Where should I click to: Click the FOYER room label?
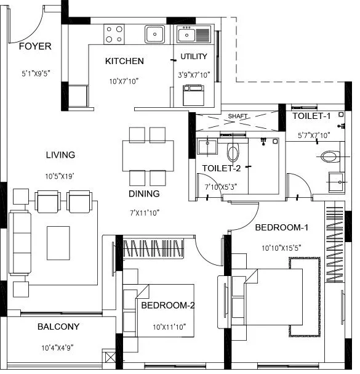34,46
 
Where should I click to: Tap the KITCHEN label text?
124,61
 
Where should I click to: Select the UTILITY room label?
194,57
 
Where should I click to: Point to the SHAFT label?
237,116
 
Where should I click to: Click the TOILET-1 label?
311,116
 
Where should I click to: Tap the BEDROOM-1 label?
281,228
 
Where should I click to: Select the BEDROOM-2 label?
168,306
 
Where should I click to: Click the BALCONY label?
58,327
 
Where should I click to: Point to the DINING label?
144,193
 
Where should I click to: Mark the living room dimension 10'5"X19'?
60,176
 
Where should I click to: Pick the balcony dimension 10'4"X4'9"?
58,348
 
